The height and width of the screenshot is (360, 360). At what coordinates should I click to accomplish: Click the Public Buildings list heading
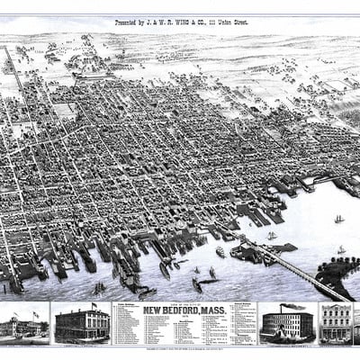click(125, 306)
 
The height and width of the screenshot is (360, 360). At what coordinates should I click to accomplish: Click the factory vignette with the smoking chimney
click(286, 324)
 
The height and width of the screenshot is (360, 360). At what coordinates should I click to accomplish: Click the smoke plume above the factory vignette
click(292, 307)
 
